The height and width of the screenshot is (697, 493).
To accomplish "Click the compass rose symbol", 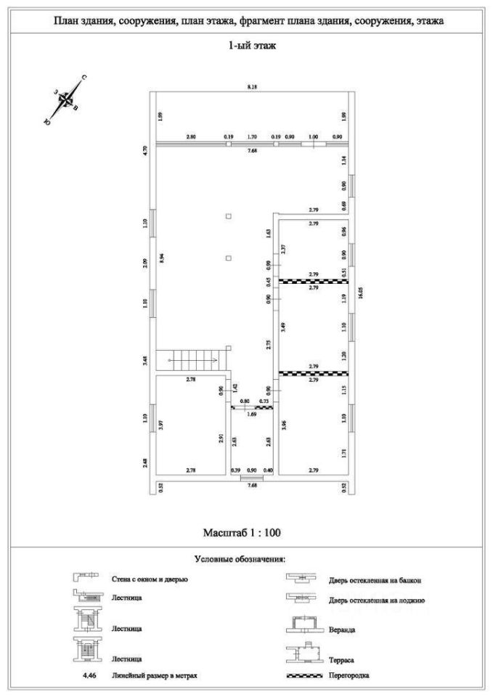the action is [65, 100].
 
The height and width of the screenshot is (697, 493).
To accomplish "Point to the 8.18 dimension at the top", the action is [252, 86].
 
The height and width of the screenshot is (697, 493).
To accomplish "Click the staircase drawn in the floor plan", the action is [194, 358].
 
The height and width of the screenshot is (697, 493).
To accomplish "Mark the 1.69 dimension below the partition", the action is [251, 414].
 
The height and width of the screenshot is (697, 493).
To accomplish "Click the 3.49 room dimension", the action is [284, 327].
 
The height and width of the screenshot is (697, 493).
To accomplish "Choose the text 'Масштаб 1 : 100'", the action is [240, 533].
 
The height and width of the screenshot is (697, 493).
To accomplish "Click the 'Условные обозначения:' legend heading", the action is [240, 559].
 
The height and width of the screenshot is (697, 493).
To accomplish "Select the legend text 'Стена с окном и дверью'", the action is [150, 579].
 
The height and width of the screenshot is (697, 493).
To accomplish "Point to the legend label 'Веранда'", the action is [341, 629].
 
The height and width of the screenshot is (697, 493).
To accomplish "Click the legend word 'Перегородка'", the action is [349, 675].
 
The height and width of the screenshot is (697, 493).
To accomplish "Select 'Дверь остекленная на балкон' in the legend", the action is [375, 580].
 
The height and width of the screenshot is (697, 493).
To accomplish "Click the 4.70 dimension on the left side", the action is [146, 151].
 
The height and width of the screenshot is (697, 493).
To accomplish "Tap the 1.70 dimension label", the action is [252, 136].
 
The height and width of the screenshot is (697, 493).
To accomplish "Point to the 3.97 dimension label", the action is [160, 426].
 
